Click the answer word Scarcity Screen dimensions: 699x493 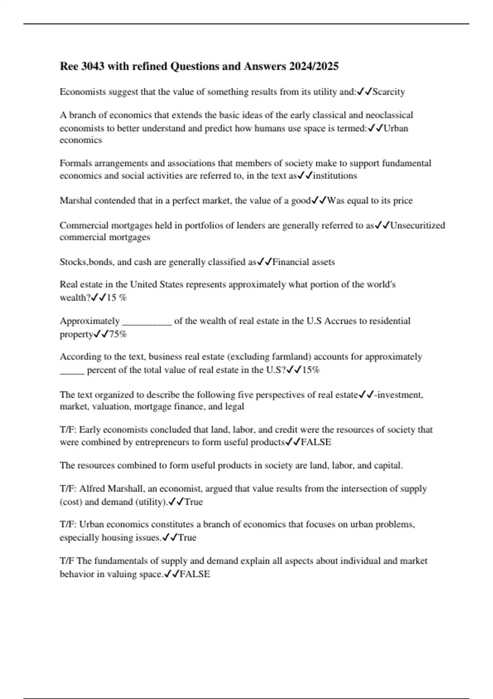(x=389, y=92)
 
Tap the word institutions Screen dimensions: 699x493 (x=335, y=176)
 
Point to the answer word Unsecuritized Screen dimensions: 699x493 (x=417, y=225)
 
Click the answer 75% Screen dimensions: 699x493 (x=118, y=334)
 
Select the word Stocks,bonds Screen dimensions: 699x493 (x=84, y=262)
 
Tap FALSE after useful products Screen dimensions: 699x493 (x=316, y=442)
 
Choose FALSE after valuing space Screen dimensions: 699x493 (x=195, y=574)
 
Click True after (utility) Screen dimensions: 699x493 (x=194, y=502)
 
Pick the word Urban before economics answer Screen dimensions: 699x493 (x=396, y=128)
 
